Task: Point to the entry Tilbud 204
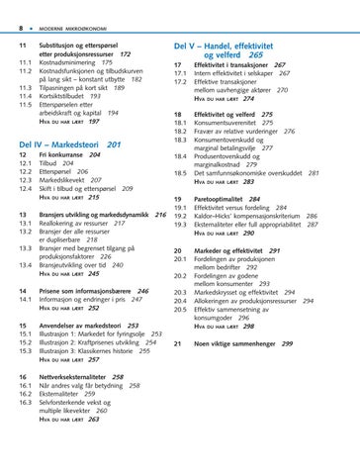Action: click(58, 165)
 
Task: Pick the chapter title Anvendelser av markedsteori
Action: click(81, 323)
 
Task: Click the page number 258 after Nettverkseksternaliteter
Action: click(118, 377)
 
